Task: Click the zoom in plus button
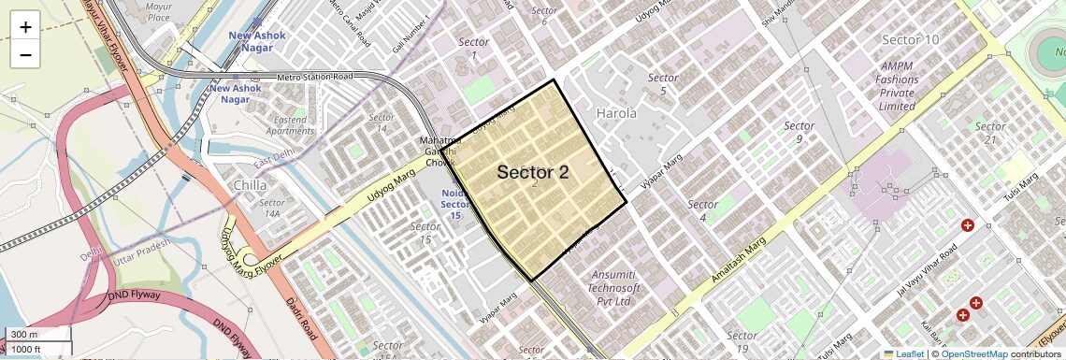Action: pyautogui.click(x=25, y=26)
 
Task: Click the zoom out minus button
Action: pyautogui.click(x=25, y=54)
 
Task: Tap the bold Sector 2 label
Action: pyautogui.click(x=532, y=172)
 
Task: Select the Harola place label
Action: pyautogui.click(x=616, y=113)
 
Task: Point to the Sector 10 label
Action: pyautogui.click(x=910, y=39)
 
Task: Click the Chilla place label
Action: pyautogui.click(x=252, y=185)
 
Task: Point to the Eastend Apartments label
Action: pyautogui.click(x=290, y=125)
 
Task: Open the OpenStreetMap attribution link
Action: pyautogui.click(x=973, y=353)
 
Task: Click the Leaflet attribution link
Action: pyautogui.click(x=903, y=353)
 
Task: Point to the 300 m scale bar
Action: pyautogui.click(x=36, y=335)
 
